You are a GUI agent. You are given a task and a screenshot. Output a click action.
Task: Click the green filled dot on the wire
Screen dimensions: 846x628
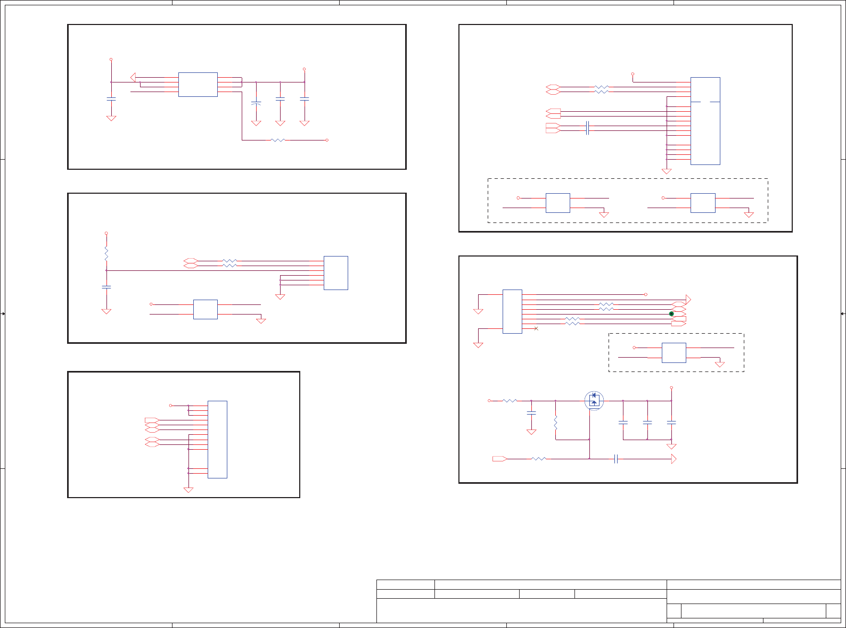pos(671,314)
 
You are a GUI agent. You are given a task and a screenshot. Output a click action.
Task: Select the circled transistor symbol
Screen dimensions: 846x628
pos(594,401)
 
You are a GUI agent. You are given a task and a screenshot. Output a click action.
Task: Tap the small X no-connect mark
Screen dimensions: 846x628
pos(536,328)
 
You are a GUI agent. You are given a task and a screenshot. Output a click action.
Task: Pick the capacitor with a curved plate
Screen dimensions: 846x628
pos(256,102)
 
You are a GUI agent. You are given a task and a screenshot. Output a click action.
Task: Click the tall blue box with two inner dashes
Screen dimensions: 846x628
pos(705,121)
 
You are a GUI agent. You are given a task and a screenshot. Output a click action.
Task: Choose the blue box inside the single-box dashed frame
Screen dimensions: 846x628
pos(673,353)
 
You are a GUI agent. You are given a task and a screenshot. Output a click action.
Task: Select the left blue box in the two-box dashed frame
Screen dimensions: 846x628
pos(557,203)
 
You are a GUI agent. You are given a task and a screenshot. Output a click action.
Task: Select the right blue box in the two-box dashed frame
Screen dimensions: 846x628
pos(702,203)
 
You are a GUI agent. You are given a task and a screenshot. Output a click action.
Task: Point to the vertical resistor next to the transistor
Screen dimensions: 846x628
pos(555,424)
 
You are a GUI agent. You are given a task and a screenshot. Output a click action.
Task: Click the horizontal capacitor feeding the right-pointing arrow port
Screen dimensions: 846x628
pos(615,459)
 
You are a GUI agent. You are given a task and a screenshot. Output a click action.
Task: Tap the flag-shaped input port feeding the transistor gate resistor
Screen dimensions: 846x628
pos(499,459)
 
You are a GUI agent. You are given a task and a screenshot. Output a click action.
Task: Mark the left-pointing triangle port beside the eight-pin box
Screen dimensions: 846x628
pos(133,77)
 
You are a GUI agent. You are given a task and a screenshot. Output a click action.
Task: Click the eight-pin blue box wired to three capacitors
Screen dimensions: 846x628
pos(198,85)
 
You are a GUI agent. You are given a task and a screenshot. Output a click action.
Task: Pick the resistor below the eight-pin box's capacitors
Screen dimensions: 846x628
pos(278,140)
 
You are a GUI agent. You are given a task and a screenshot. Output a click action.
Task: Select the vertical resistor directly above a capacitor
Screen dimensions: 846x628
pos(106,253)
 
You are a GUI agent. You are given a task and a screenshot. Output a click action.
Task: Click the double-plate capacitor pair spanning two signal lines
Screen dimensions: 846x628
pos(587,128)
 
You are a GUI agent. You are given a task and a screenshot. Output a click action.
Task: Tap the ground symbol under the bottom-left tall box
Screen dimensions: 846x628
pos(188,490)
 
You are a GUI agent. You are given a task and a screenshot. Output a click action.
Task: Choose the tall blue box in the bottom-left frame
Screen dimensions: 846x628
pos(217,440)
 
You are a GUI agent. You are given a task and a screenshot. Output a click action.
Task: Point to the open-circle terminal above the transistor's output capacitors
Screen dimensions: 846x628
pos(671,387)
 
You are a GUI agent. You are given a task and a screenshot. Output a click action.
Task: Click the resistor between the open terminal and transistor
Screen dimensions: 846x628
pos(510,401)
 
